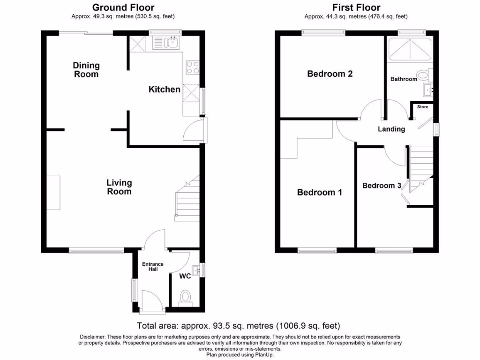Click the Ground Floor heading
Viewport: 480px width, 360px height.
coord(123,7)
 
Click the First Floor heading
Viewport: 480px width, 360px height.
coord(356,7)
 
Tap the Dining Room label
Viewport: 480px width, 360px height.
coord(86,70)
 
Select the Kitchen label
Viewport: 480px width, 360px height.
coord(165,90)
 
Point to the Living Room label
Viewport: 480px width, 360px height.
coord(119,187)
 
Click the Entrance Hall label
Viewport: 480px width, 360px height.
coord(153,267)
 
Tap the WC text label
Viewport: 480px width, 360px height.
coord(185,276)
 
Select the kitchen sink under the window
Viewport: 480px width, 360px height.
coord(172,43)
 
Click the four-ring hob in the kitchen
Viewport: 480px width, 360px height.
coord(193,67)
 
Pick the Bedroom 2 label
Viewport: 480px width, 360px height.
coord(330,74)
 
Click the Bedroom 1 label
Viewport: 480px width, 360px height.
coord(320,193)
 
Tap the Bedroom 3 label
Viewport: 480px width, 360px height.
coord(382,186)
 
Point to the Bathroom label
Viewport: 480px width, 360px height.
coord(404,79)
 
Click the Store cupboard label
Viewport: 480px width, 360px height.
coord(423,107)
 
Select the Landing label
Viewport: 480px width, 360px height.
coord(391,129)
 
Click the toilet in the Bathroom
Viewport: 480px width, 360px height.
coord(424,75)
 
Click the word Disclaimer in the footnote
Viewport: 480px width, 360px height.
coord(94,337)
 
